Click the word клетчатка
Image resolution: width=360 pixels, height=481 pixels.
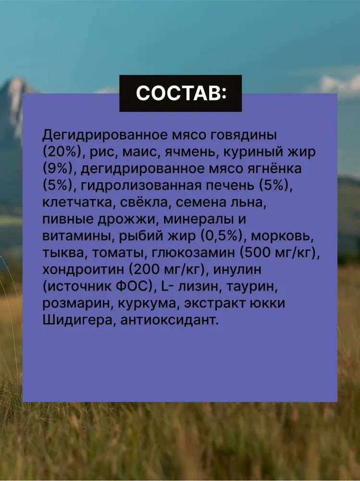pyautogui.click(x=79, y=203)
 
